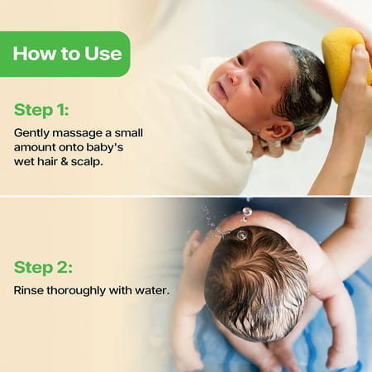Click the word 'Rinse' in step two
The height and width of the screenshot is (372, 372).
(31, 291)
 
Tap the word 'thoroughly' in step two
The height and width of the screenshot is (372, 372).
(81, 291)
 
